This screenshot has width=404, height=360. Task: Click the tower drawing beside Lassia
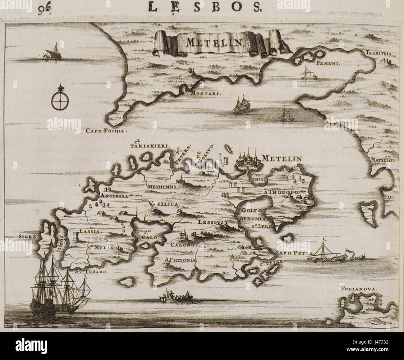76,237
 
